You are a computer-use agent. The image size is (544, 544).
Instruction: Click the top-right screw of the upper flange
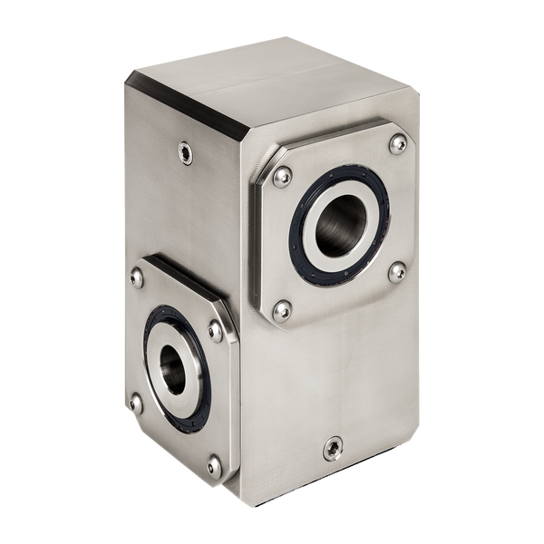tap(397, 143)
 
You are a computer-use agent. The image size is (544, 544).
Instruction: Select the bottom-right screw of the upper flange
tap(396, 271)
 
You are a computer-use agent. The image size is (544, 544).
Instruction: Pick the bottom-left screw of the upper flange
tap(283, 311)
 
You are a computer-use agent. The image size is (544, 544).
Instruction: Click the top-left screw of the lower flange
tap(137, 277)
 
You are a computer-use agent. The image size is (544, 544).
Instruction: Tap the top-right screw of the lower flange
tap(215, 330)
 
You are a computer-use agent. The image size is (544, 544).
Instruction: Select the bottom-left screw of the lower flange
tap(136, 403)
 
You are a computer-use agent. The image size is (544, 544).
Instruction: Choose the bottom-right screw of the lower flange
tap(214, 467)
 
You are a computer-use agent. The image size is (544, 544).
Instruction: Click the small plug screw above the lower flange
tap(186, 152)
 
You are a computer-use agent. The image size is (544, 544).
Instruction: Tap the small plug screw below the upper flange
tap(333, 448)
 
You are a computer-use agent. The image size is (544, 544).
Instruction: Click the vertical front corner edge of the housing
tap(247, 363)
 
